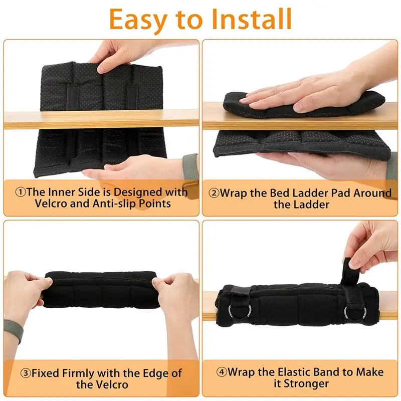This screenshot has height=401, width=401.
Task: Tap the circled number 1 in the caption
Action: point(20,192)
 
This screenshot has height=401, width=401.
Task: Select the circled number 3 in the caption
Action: point(26,373)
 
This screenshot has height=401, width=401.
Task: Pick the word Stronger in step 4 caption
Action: point(311,384)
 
